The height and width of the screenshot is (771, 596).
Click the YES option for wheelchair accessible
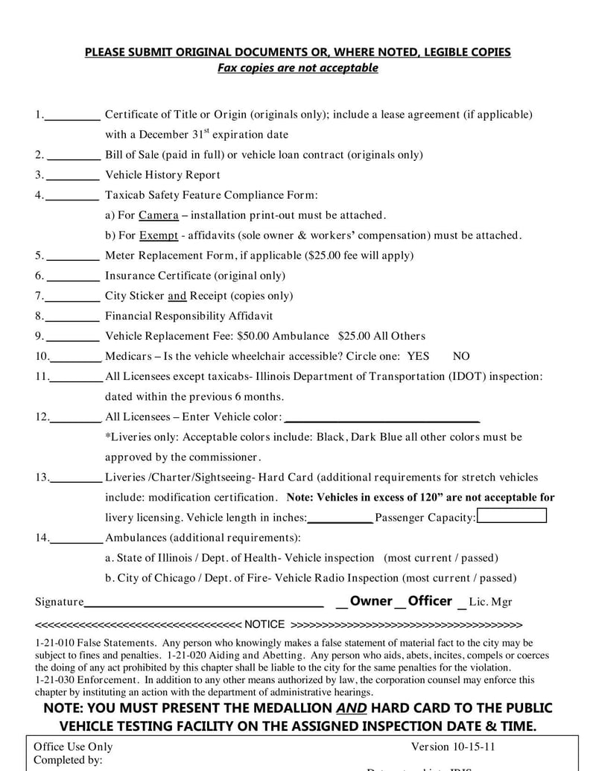coord(418,356)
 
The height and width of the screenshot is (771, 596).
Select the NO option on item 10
coord(461,356)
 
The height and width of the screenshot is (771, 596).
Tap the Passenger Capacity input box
coord(511,516)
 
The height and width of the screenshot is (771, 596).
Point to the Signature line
coord(203,603)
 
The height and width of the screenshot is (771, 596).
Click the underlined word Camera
coord(158,215)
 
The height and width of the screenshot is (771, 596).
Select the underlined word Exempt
coord(159,235)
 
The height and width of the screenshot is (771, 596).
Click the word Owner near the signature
coord(370,601)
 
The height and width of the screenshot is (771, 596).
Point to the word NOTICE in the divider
coord(264,624)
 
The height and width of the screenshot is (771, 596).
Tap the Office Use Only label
coord(74,746)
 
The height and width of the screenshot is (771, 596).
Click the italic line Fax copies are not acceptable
coord(297,68)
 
